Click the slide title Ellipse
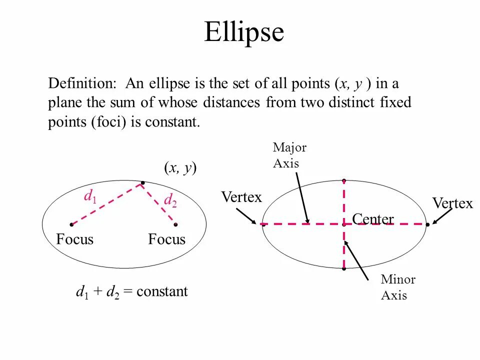coord(244,33)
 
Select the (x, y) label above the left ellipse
coord(180,168)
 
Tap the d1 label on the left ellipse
coord(90,197)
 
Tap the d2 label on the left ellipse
coord(170,200)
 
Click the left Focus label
coord(75,239)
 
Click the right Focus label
coord(166,239)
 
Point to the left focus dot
coord(71,224)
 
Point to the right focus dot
coord(175,224)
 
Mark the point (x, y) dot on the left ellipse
coord(142,182)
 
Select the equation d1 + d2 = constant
coord(131,291)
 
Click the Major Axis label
coord(289,155)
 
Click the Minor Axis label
coord(397,287)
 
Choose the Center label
coord(372,219)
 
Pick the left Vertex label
coord(241,197)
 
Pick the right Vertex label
coord(452,203)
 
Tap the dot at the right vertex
coord(428,224)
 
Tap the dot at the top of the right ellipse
coord(344,180)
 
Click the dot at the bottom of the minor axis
coord(344,269)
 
